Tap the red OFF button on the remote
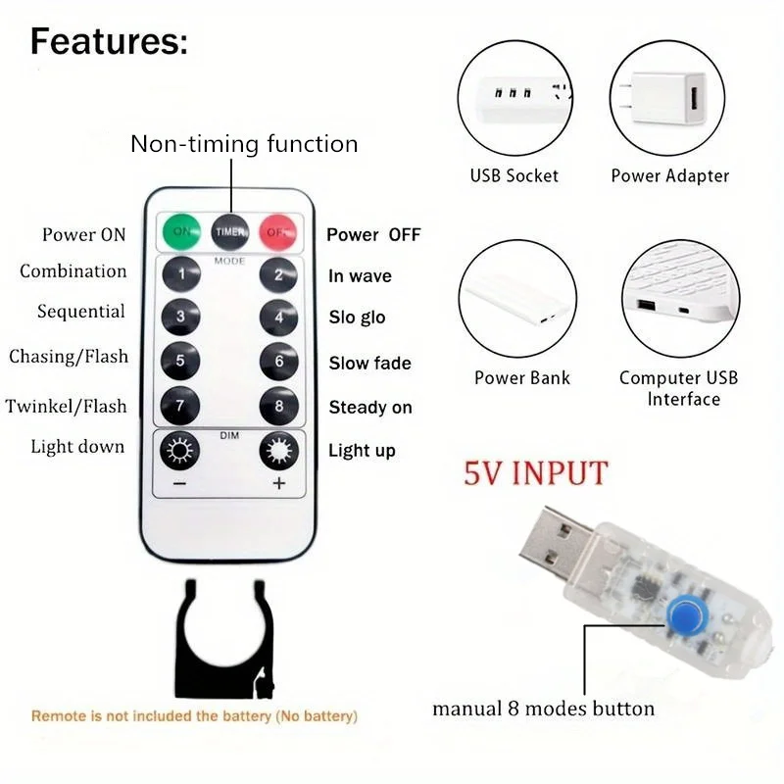[278, 231]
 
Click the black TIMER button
[230, 231]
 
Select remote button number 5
[180, 361]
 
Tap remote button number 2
[278, 274]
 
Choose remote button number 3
[180, 317]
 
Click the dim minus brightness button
[180, 452]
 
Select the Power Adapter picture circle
[669, 98]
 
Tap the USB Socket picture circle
[514, 98]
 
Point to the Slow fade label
[369, 364]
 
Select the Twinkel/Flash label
[67, 406]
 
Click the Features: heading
[108, 43]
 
